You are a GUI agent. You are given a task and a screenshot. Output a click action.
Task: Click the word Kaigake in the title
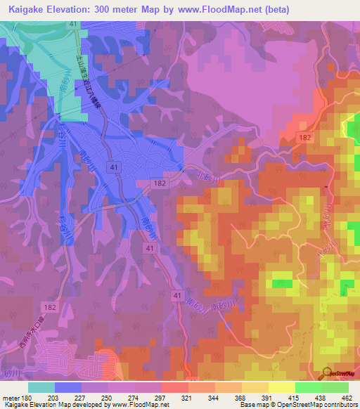pos(27,10)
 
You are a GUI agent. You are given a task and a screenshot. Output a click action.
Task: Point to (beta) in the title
pos(274,10)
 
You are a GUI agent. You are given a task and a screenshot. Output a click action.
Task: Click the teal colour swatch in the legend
pos(41,387)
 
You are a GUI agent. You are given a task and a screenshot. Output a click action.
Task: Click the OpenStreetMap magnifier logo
pos(326,373)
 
